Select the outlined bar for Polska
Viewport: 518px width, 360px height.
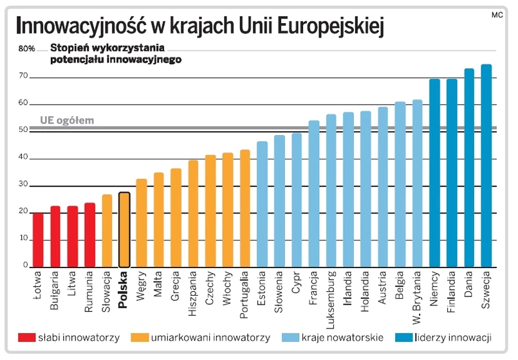[125, 230]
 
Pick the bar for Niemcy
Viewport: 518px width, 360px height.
[435, 173]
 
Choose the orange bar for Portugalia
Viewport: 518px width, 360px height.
[245, 208]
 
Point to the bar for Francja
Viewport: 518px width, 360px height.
[314, 194]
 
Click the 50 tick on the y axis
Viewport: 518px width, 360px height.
[23, 130]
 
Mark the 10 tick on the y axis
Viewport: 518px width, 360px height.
[23, 239]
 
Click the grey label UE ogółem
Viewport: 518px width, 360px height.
[67, 120]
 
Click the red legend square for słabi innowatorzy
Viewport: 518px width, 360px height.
[26, 337]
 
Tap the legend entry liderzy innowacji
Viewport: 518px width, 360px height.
[453, 337]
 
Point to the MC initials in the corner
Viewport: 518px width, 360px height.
[496, 14]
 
